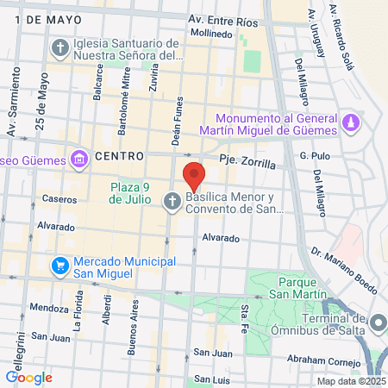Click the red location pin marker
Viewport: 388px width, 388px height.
pos(194,175)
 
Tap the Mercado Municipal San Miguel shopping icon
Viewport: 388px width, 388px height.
pos(60,264)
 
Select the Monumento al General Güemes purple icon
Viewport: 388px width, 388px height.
pos(350,123)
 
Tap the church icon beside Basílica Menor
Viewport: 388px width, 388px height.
pos(172,201)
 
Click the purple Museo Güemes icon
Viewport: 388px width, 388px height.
pos(79,159)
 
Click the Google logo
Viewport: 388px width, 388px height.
pos(28,377)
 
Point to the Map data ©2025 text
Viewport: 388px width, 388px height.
pos(351,381)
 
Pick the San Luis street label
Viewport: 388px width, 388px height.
pos(211,379)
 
